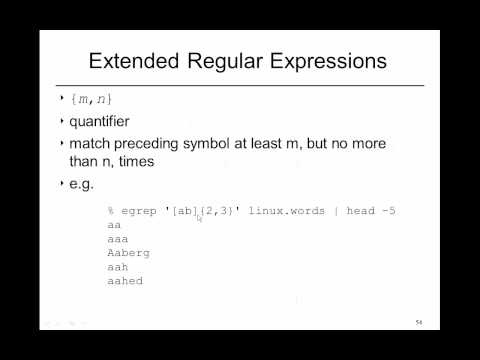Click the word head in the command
pyautogui.click(x=360, y=212)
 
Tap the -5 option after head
pyautogui.click(x=388, y=212)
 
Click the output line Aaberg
pyautogui.click(x=127, y=253)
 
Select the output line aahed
pyautogui.click(x=124, y=281)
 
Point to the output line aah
pyautogui.click(x=117, y=267)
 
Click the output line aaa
pyautogui.click(x=117, y=240)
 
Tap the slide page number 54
pyautogui.click(x=419, y=323)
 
